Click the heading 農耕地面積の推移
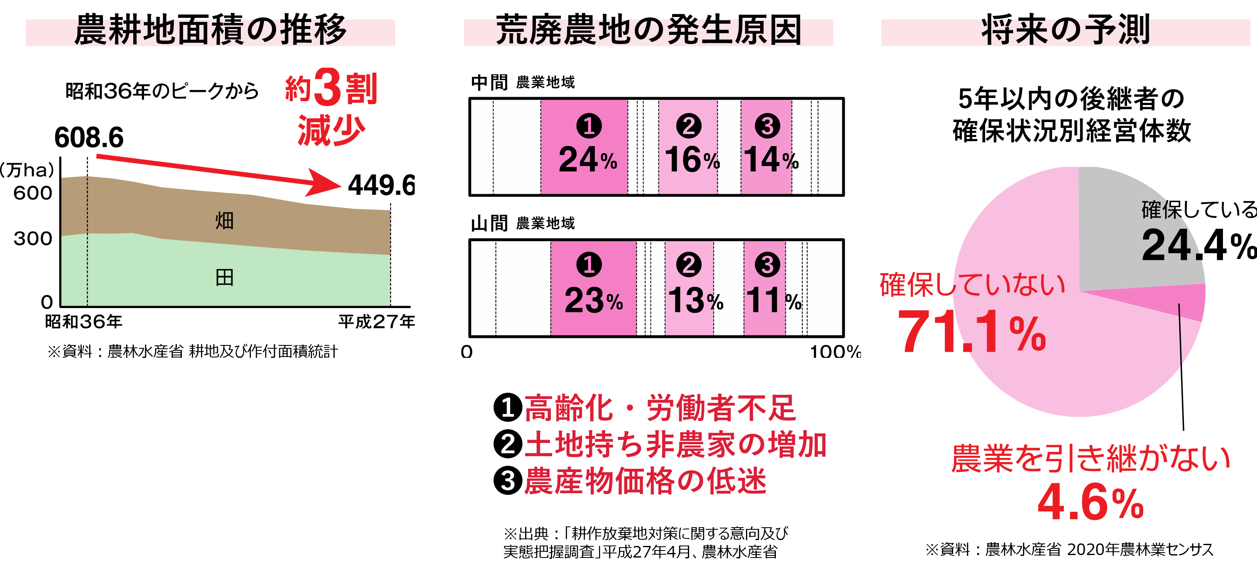(210, 32)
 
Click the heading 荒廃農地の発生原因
(648, 32)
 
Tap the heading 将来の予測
(1065, 32)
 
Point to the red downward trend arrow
(220, 171)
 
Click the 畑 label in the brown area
(225, 220)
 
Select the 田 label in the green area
(225, 278)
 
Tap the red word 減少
(331, 130)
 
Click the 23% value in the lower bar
(593, 300)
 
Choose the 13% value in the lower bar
(695, 300)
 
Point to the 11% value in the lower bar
(773, 300)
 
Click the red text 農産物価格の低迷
(645, 481)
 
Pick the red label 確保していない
(972, 285)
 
